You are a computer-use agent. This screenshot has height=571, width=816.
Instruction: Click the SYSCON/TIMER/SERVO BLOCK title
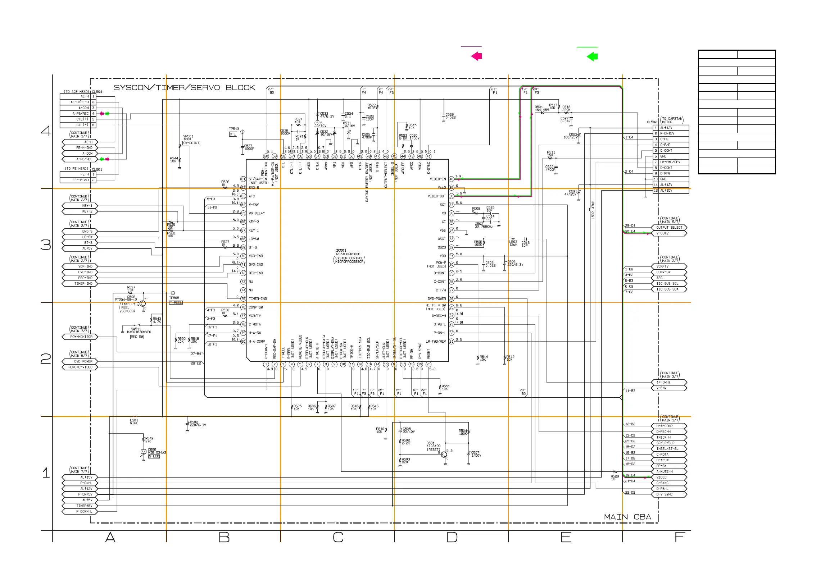[184, 88]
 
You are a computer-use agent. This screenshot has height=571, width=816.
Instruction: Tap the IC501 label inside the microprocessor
[341, 250]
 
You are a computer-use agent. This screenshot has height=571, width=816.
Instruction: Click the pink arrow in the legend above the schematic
[476, 56]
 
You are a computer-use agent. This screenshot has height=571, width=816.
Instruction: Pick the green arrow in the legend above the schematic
[592, 56]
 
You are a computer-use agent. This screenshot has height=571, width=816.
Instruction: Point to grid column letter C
[338, 537]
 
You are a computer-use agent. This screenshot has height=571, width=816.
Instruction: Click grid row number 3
[46, 245]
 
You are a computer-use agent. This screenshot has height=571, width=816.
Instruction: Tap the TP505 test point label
[174, 298]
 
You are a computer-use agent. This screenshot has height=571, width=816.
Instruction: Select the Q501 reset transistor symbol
[444, 454]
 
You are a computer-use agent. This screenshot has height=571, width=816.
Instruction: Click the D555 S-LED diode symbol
[144, 452]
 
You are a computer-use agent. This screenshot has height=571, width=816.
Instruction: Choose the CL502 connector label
[652, 122]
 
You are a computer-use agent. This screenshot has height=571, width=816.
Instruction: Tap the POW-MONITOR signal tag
[81, 337]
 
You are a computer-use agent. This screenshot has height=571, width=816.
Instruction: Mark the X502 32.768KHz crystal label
[483, 225]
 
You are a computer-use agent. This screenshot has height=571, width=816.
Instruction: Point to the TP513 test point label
[234, 129]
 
